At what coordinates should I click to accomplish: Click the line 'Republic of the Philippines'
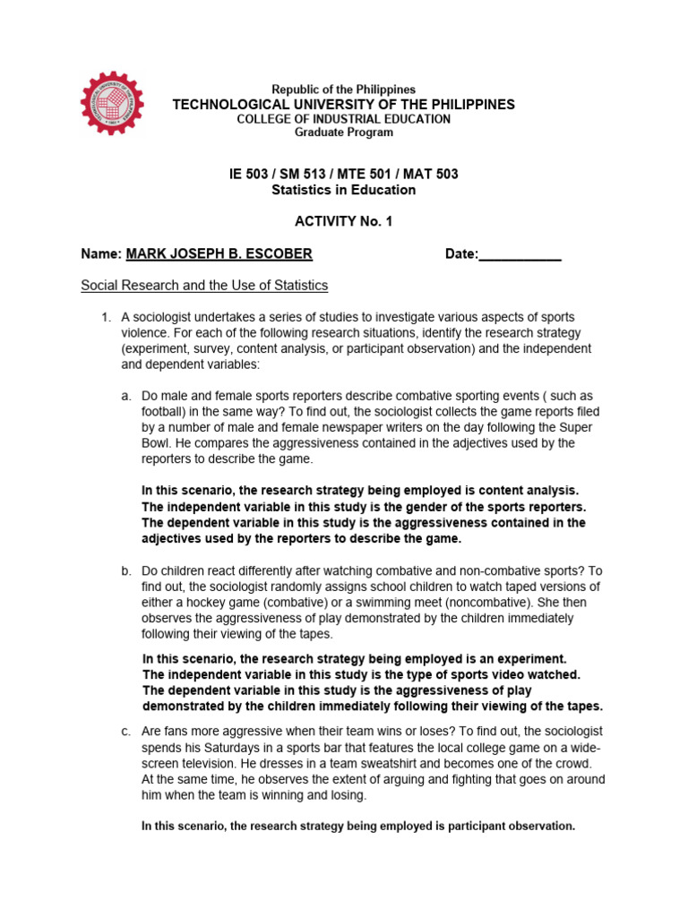pyautogui.click(x=344, y=90)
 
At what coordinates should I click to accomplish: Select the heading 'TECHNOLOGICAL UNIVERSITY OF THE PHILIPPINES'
pyautogui.click(x=344, y=105)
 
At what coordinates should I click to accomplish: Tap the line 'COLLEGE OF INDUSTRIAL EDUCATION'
pyautogui.click(x=344, y=119)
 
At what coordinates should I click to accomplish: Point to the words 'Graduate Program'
pyautogui.click(x=344, y=133)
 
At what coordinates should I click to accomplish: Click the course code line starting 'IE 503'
pyautogui.click(x=344, y=174)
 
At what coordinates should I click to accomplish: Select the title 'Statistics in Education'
pyautogui.click(x=344, y=190)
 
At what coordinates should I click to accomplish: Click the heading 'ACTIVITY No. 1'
pyautogui.click(x=344, y=222)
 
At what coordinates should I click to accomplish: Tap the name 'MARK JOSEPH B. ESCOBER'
pyautogui.click(x=219, y=254)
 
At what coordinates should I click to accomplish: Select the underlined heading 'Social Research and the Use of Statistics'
pyautogui.click(x=204, y=286)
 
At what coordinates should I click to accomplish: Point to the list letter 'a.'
pyautogui.click(x=126, y=396)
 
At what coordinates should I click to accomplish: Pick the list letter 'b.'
pyautogui.click(x=126, y=570)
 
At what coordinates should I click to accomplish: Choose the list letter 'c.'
pyautogui.click(x=126, y=732)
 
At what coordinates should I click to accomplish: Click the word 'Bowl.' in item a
pyautogui.click(x=159, y=443)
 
